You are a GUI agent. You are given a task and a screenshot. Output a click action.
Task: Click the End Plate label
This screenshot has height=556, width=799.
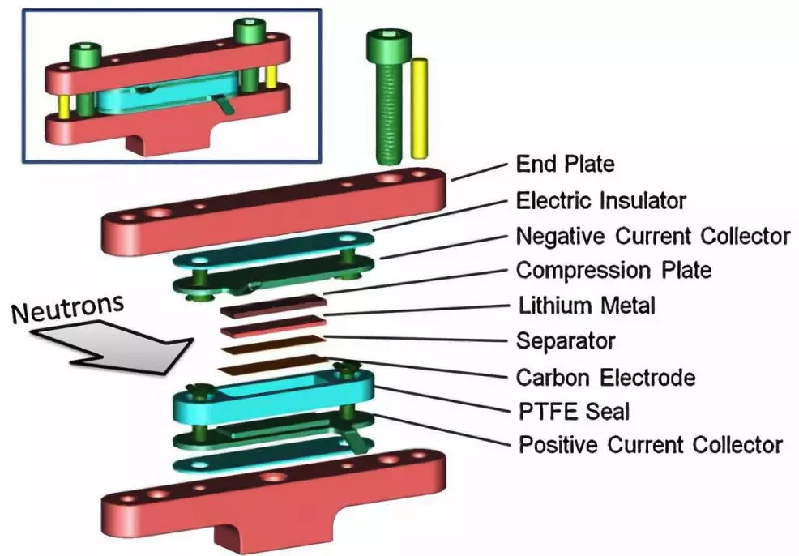(x=565, y=165)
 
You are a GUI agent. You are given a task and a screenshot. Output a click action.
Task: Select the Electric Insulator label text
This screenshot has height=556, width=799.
(x=601, y=200)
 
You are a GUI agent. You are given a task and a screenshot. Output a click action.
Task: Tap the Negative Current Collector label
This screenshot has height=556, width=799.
(x=652, y=236)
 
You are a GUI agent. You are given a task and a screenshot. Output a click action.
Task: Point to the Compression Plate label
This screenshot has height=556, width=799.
(x=614, y=270)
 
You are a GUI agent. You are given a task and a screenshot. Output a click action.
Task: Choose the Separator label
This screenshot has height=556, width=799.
(x=566, y=340)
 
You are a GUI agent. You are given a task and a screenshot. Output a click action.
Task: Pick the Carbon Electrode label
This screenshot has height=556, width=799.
(x=605, y=377)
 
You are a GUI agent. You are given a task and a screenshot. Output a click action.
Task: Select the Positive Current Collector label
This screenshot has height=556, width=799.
(x=650, y=445)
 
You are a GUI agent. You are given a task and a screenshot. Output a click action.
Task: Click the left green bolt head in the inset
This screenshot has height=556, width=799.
(x=86, y=53)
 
